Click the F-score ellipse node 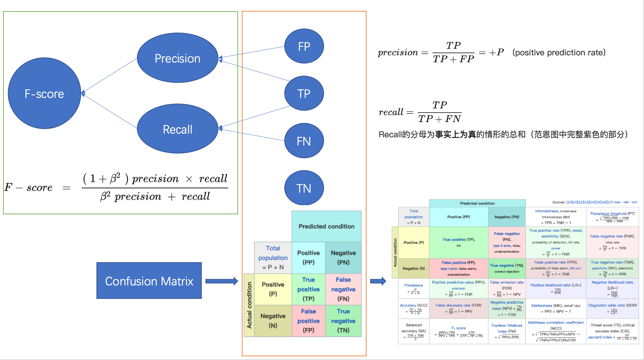coord(44,93)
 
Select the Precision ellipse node coord(177,58)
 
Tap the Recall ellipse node coord(177,129)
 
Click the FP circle coord(304,46)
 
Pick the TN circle coord(304,188)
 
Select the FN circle coord(304,141)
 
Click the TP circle coord(304,93)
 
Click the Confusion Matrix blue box coord(149,281)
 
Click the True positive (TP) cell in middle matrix coord(308,289)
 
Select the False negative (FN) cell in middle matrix coord(343,289)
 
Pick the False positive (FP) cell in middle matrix coord(308,321)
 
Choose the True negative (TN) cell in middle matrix coord(343,321)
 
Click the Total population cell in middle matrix coord(273,257)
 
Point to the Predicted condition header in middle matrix coord(326,226)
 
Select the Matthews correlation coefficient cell coord(556,331)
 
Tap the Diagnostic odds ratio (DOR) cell coord(612,308)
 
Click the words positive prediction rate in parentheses coord(559,53)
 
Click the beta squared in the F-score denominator coord(105,196)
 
